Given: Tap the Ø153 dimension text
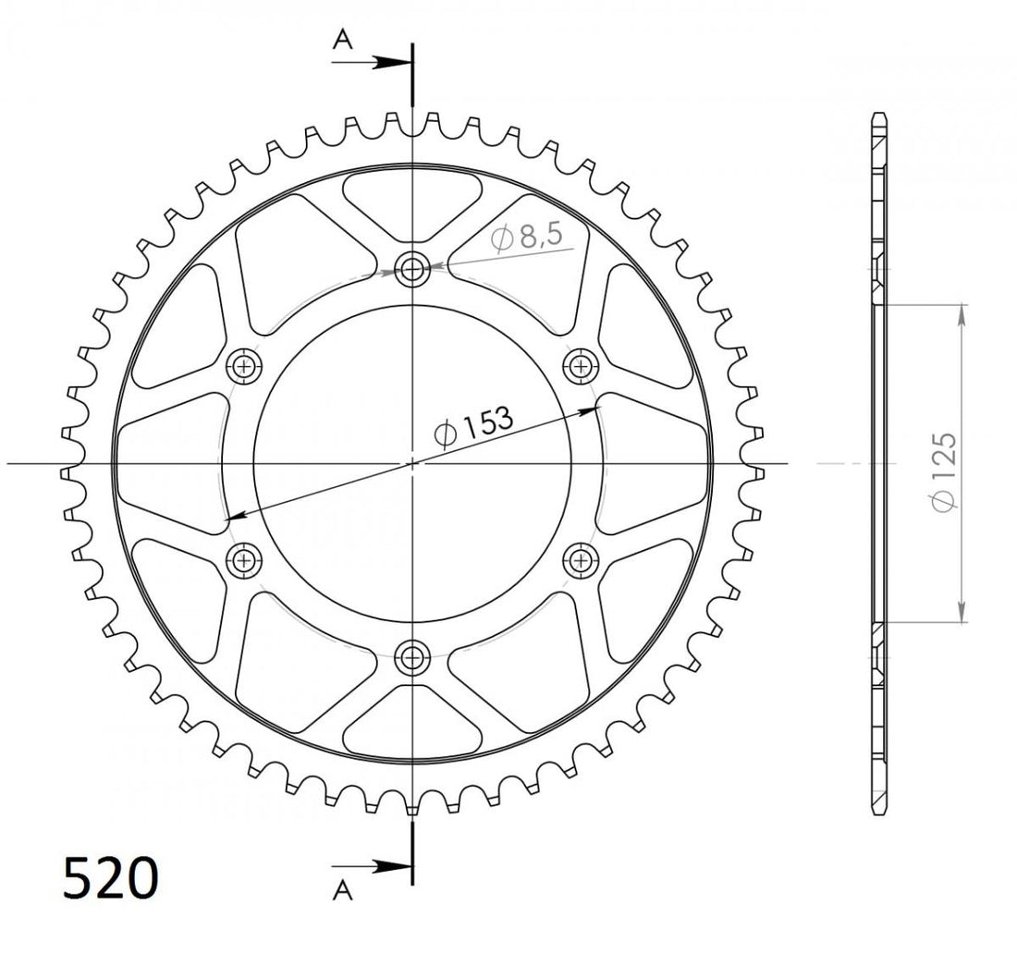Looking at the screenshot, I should click(x=472, y=426).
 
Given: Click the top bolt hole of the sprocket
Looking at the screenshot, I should click(x=411, y=270).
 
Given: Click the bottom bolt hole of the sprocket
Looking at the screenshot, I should click(x=411, y=657).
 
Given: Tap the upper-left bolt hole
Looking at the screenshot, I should click(x=245, y=365).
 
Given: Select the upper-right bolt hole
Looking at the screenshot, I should click(x=581, y=365).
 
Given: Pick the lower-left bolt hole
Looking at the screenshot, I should click(x=245, y=558).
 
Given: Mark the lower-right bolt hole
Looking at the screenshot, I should click(x=581, y=558).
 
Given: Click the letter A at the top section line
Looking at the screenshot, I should click(x=343, y=39).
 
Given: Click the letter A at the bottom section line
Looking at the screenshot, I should click(x=343, y=890).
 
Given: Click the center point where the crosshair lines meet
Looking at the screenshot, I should click(x=412, y=462).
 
